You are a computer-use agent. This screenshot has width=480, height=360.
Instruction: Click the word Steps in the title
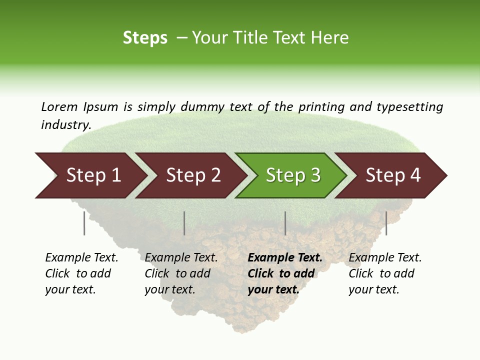(x=145, y=38)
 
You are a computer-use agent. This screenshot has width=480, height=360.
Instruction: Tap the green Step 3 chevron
(x=292, y=175)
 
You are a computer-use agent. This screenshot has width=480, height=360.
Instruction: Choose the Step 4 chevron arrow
(x=392, y=175)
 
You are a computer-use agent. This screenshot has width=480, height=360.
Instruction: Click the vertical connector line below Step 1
(x=84, y=223)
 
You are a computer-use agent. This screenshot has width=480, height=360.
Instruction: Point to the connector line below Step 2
(x=184, y=223)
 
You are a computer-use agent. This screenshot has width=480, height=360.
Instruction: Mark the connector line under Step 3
(x=285, y=223)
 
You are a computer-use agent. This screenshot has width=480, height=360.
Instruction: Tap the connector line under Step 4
(x=386, y=223)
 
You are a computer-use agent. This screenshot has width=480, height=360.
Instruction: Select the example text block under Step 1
(x=81, y=273)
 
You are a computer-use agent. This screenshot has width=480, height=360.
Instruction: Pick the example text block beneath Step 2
(x=181, y=273)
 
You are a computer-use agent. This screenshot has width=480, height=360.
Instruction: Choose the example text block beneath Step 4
(x=385, y=273)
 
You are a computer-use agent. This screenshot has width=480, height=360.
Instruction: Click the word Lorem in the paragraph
(x=59, y=106)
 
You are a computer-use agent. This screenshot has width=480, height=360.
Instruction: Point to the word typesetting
(x=409, y=107)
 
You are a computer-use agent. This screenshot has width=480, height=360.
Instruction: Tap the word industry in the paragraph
(x=65, y=125)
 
